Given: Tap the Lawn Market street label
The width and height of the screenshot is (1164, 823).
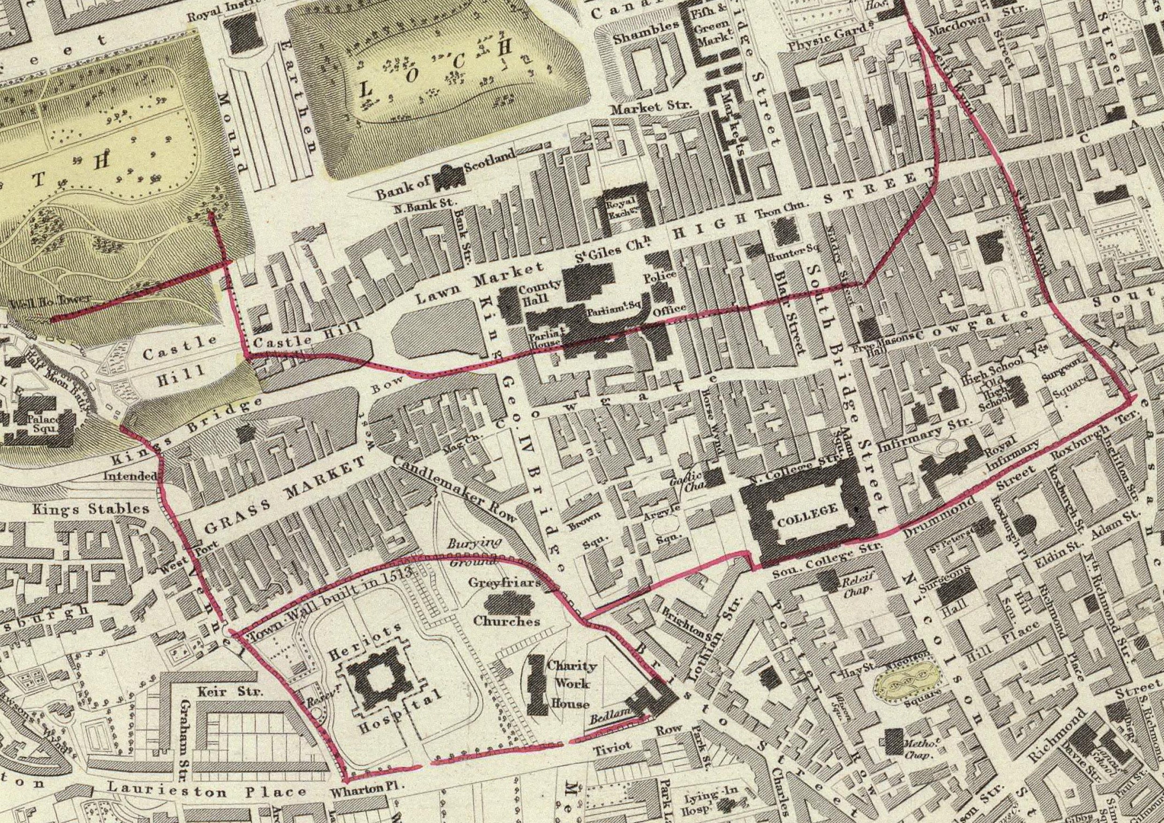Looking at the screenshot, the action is [x=479, y=282].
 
